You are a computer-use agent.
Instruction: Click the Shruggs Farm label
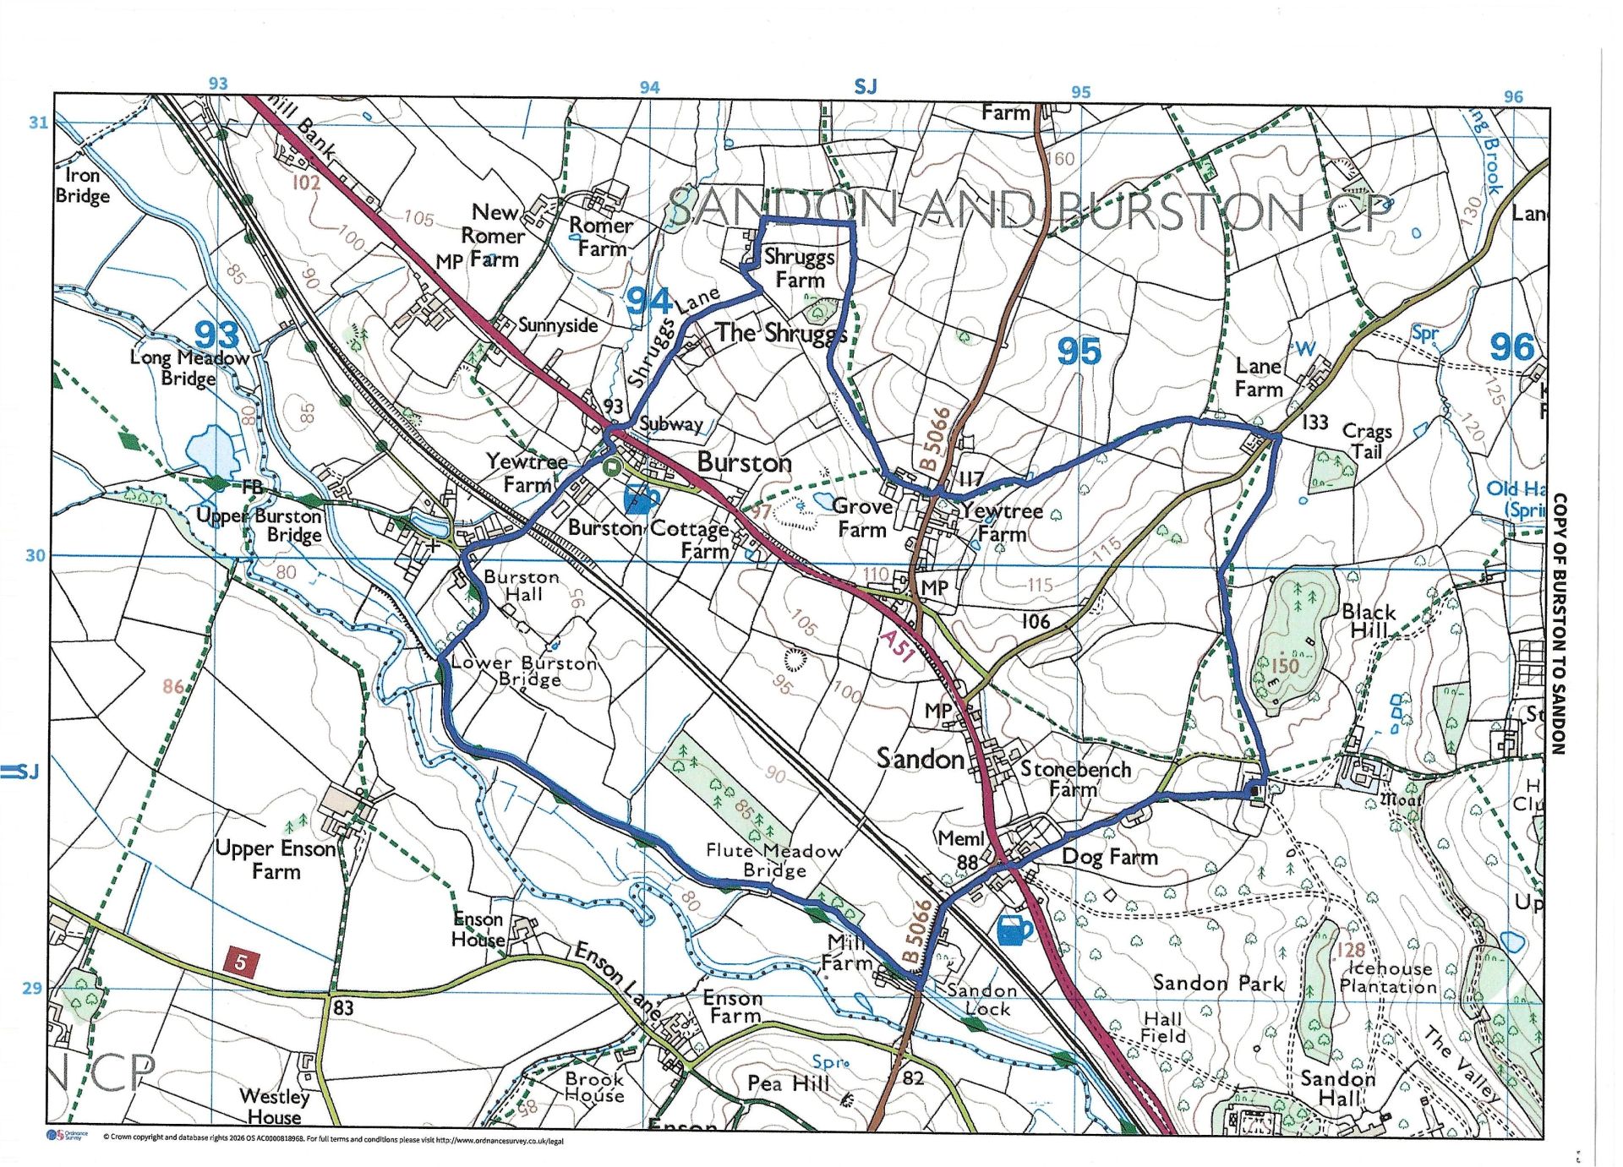coord(799,268)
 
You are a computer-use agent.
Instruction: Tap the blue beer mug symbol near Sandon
coord(1014,930)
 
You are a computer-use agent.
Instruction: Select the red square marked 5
coord(241,962)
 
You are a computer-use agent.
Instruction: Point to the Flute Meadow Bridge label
coord(773,860)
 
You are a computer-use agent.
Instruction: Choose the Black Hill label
coord(1368,621)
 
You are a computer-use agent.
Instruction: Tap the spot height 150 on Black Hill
coord(1284,665)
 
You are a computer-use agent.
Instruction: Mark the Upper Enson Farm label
coord(276,859)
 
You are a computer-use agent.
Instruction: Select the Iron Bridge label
coord(83,185)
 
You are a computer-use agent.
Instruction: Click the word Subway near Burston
coord(671,423)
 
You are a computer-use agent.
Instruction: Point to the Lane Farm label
coord(1259,377)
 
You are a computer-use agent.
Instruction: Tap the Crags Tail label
coord(1367,441)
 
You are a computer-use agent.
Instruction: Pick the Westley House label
coord(274,1106)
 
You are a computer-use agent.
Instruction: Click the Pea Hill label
coord(788,1083)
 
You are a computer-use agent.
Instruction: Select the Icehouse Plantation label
coord(1389,977)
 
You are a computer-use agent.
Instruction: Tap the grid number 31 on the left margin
coord(38,123)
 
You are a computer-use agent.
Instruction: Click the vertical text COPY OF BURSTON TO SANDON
coord(1560,624)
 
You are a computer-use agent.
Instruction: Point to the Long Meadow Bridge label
coord(189,368)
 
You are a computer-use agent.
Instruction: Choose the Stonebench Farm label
coord(1074,778)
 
